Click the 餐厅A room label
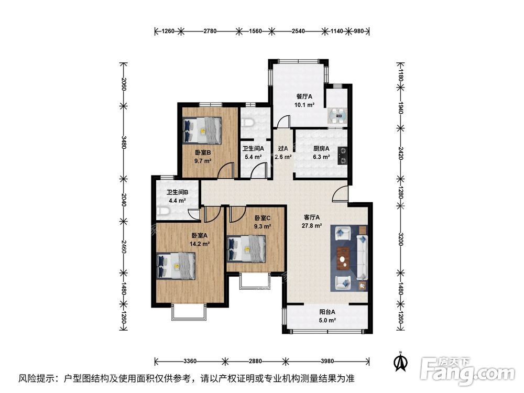304,101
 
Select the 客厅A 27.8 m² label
312,222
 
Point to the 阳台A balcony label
327,316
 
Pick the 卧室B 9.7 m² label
202,157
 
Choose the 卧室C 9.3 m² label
263,222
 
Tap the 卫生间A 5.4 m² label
253,152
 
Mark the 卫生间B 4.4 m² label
177,196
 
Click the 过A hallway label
283,152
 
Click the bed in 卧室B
202,129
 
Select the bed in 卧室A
176,266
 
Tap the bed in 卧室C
246,247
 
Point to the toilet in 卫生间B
163,211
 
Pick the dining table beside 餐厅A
336,114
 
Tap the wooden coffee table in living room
343,258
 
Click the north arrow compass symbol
401,361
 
